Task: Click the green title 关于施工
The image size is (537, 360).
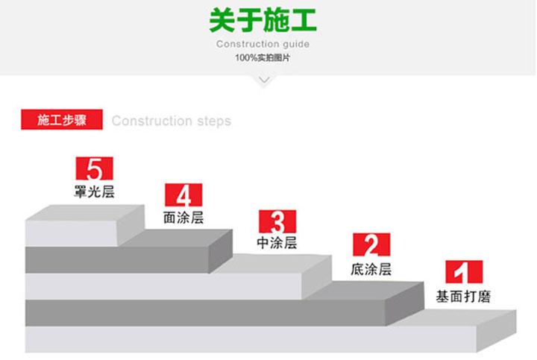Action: point(263,20)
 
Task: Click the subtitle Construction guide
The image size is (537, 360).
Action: point(263,44)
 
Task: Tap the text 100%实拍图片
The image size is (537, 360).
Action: point(263,58)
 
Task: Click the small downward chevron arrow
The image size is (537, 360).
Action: point(264,80)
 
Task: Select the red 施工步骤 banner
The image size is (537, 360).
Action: point(62,119)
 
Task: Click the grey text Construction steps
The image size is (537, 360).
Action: point(172,121)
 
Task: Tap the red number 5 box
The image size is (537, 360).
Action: point(94,168)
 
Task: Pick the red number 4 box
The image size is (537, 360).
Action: point(183,195)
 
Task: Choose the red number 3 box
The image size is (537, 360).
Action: point(277,221)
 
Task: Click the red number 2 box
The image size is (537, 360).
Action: point(371,244)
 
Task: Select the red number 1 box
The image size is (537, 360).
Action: point(464,272)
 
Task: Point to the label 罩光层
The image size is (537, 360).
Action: point(94,192)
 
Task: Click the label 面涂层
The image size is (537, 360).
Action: point(183,218)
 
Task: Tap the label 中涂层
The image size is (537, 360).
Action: point(277,243)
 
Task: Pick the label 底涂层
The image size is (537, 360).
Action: point(371,269)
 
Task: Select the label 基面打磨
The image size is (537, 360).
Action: point(463,297)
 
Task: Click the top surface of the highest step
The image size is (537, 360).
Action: point(86,212)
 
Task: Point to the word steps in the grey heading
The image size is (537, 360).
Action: point(214,121)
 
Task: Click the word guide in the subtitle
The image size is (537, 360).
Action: point(296,45)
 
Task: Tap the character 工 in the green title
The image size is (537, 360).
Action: point(304,21)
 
